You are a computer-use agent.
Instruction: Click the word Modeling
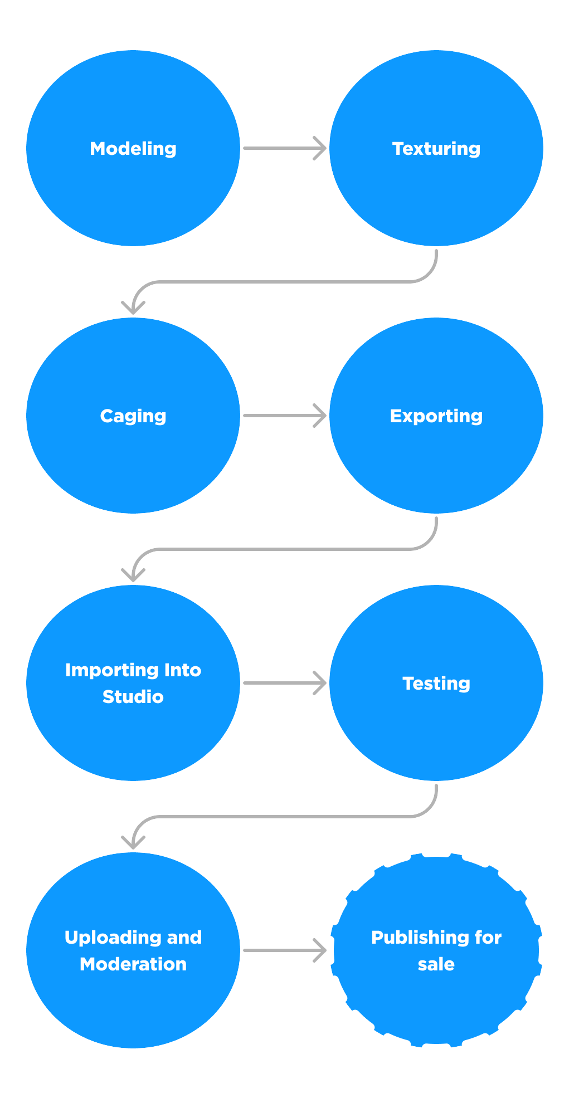pyautogui.click(x=133, y=149)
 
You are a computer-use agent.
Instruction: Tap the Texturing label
pyautogui.click(x=436, y=149)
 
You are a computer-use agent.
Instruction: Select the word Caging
pyautogui.click(x=133, y=416)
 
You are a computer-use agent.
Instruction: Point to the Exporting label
pyautogui.click(x=436, y=416)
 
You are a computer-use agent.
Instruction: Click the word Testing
pyautogui.click(x=436, y=684)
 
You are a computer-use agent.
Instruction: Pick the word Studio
pyautogui.click(x=133, y=697)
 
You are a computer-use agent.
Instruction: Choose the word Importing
pyautogui.click(x=104, y=670)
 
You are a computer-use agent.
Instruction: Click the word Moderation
pyautogui.click(x=133, y=964)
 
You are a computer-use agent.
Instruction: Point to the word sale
pyautogui.click(x=436, y=964)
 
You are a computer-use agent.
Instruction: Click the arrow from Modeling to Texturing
pyautogui.click(x=284, y=148)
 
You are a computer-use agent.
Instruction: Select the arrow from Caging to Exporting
pyautogui.click(x=284, y=416)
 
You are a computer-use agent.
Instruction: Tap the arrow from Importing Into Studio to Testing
pyautogui.click(x=284, y=683)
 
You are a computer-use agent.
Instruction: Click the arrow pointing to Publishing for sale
pyautogui.click(x=284, y=950)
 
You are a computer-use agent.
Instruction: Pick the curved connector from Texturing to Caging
pyautogui.click(x=284, y=282)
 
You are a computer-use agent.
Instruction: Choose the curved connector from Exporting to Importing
pyautogui.click(x=284, y=549)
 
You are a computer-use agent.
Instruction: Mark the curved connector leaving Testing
pyautogui.click(x=284, y=817)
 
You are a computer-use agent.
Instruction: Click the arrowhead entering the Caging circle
pyautogui.click(x=133, y=309)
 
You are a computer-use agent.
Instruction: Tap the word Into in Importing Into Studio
pyautogui.click(x=175, y=670)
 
